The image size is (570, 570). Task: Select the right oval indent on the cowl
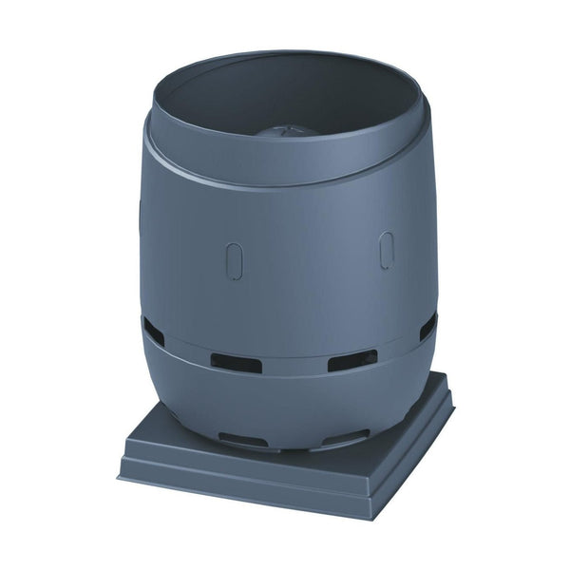387,250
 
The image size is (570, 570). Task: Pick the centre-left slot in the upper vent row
236,363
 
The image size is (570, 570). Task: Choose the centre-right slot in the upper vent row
351,360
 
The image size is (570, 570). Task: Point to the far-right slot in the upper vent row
427,325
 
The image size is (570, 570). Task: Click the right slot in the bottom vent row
343,437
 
